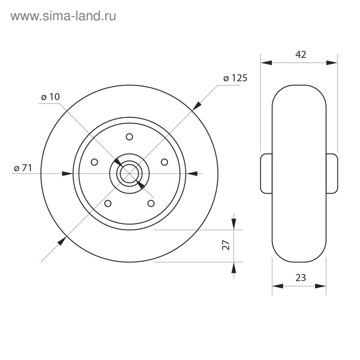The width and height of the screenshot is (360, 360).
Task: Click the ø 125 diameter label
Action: tap(235, 78)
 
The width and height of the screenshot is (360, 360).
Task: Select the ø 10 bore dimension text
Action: tap(50, 97)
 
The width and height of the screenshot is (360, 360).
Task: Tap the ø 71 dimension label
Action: tap(23, 168)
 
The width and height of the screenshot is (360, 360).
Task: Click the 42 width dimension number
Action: tap(301, 55)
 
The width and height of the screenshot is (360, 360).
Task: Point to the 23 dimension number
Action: tap(301, 278)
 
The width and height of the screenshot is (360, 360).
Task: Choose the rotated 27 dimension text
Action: tap(226, 245)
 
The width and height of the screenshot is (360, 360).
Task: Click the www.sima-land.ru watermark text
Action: tap(63, 16)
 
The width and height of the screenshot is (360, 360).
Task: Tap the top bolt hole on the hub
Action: tap(129, 137)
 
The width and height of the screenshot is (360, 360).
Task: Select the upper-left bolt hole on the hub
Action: tap(95, 162)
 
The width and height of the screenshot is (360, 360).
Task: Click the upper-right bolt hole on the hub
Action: tap(164, 162)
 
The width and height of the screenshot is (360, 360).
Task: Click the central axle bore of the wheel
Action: tap(129, 173)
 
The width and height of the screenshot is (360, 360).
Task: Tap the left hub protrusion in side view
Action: tap(266, 173)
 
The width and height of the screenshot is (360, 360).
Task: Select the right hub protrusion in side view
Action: tap(332, 173)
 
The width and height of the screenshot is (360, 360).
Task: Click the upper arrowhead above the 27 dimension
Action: tap(234, 224)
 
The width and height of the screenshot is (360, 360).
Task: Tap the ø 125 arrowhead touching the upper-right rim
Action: tap(197, 105)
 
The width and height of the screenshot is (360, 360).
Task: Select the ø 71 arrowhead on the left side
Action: tap(68, 173)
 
